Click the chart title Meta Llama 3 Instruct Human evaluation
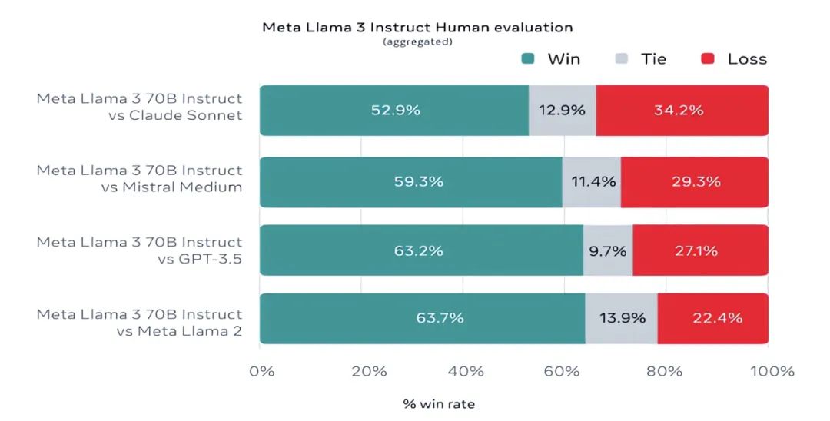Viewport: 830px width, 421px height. coord(417,28)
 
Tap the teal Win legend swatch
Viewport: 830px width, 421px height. coord(527,59)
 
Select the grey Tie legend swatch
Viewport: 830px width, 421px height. coord(622,59)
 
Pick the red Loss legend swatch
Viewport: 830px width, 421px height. coord(708,59)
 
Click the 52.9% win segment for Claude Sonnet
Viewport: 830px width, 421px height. coord(394,111)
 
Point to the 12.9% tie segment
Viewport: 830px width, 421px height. coord(562,111)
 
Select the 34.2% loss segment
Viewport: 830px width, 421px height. coord(682,111)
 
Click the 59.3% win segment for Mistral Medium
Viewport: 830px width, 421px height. coord(411,182)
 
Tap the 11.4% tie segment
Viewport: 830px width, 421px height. coord(591,182)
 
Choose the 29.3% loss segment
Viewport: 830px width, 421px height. coord(694,182)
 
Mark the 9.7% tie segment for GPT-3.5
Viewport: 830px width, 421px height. coord(607,250)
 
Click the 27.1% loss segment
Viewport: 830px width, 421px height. coord(700,250)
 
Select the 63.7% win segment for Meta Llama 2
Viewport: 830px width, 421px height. coord(422,318)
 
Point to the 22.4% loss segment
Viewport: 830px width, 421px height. coord(712,318)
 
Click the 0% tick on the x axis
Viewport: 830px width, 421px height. coord(262,372)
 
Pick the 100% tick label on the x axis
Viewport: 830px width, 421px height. coord(772,372)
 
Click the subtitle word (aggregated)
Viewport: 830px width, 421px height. coord(417,42)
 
